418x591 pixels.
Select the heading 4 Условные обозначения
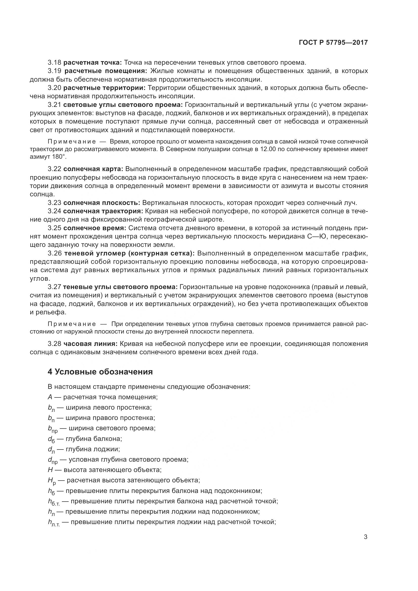tap(100, 372)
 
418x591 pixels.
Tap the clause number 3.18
tap(54, 62)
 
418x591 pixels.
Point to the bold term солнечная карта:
tap(93, 169)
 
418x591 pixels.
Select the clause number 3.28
tap(54, 344)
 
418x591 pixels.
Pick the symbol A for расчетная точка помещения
tap(50, 397)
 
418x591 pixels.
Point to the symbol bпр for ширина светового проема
tap(53, 429)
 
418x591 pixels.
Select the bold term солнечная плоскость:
tap(101, 203)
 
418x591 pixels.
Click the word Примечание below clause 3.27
tap(72, 324)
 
